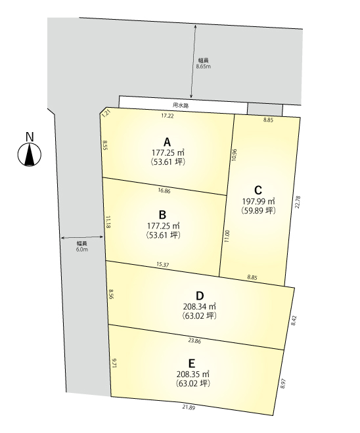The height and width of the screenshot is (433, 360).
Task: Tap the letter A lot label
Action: (167, 142)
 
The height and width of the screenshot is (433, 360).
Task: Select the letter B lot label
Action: (162, 215)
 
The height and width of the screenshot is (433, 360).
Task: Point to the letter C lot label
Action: (258, 191)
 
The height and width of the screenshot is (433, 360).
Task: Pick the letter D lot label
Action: (200, 296)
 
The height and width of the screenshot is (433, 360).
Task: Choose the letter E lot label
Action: (192, 363)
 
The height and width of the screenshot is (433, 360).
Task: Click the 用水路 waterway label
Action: (181, 105)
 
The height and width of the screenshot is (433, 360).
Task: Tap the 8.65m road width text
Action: (204, 66)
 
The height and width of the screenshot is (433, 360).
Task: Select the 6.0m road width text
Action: (82, 250)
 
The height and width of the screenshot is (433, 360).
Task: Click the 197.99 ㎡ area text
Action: (258, 201)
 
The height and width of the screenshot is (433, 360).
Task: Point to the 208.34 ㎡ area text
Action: (199, 307)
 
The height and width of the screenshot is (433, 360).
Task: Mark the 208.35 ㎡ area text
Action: (193, 374)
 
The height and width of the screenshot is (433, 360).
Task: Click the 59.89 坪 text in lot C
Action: (258, 210)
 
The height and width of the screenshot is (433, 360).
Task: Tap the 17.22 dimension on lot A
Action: (168, 116)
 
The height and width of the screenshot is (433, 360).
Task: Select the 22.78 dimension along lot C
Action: (298, 202)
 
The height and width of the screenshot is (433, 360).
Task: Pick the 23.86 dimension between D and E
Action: (194, 341)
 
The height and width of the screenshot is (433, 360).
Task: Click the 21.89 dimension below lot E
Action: (189, 407)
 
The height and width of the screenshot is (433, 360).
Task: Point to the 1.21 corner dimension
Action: (106, 114)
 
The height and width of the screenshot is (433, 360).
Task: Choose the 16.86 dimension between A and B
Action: (164, 191)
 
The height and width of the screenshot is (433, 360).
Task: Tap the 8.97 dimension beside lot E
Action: (283, 384)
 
